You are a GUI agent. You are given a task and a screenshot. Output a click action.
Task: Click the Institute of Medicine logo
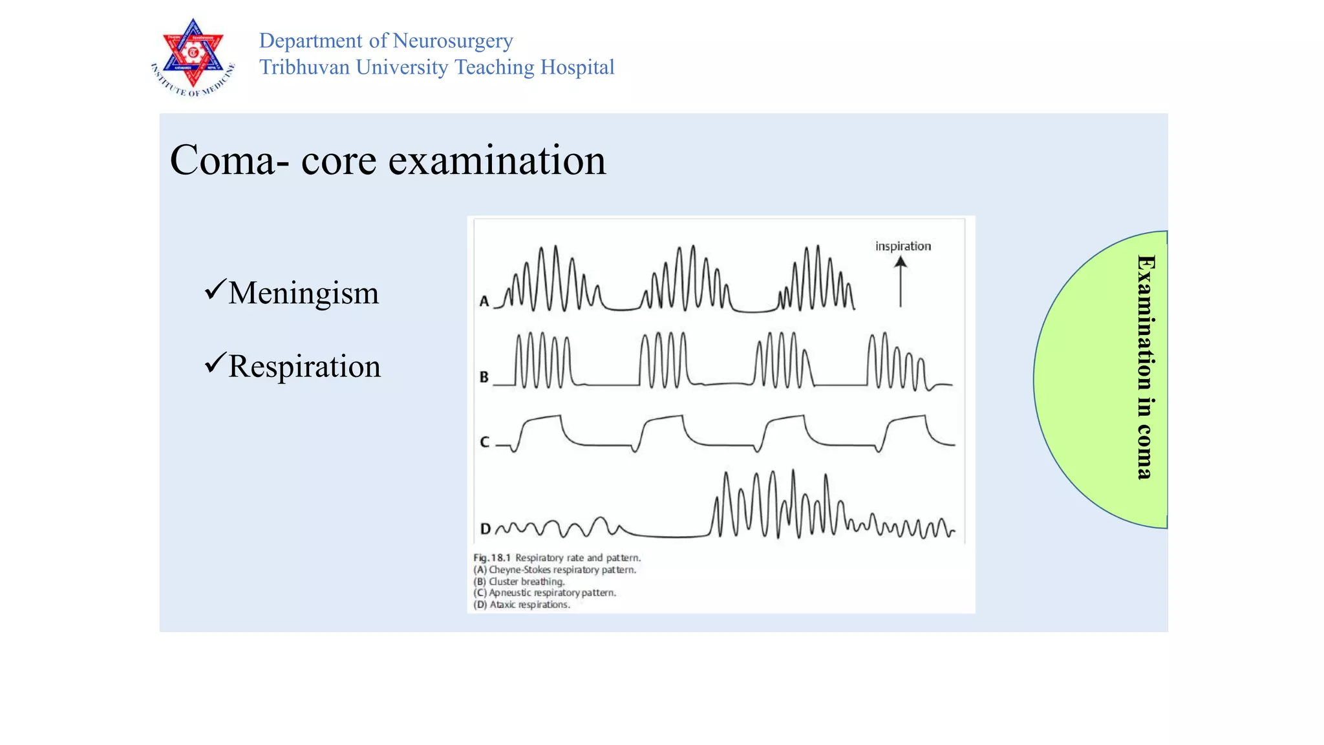tap(193, 58)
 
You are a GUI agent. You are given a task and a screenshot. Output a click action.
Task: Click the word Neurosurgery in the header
tap(453, 41)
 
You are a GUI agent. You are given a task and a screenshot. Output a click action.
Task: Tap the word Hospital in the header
tap(577, 67)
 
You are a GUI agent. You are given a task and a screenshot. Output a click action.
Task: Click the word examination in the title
tap(496, 160)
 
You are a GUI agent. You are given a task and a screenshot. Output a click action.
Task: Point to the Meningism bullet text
tap(303, 293)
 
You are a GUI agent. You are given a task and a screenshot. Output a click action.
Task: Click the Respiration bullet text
tap(304, 367)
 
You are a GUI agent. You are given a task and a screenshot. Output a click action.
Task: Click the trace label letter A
tap(484, 301)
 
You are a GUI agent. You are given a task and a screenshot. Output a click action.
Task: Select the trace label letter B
tap(484, 377)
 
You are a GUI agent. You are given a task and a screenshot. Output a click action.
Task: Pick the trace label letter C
tap(484, 442)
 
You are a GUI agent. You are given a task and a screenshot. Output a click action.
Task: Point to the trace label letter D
tap(485, 529)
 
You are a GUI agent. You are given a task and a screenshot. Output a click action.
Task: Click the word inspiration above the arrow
tap(902, 246)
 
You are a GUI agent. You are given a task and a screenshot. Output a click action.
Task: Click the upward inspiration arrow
tap(900, 281)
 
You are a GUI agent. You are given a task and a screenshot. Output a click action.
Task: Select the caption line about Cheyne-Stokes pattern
tap(555, 570)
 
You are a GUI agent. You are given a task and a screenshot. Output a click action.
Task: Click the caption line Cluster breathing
tap(519, 581)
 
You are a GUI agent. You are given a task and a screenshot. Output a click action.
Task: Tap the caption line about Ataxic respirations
tap(522, 605)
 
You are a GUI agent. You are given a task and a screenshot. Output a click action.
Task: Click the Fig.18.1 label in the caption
tap(492, 557)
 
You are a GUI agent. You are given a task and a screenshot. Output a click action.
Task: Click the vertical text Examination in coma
tap(1145, 367)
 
